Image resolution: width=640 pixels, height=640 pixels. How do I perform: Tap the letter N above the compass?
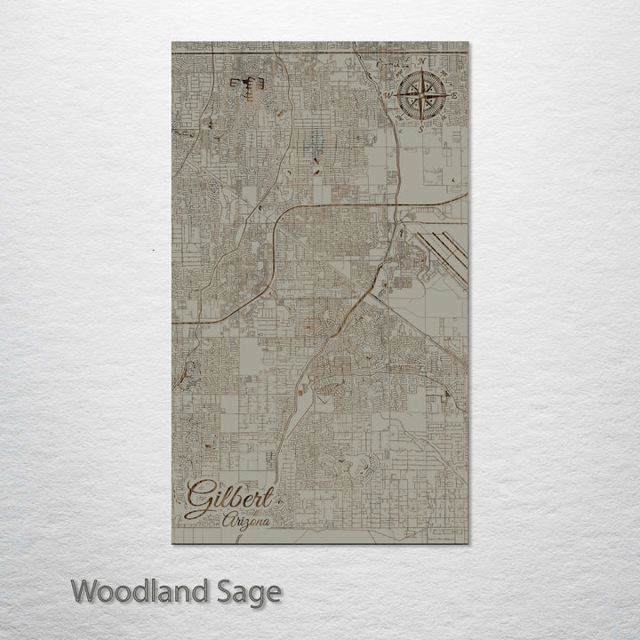click(420, 61)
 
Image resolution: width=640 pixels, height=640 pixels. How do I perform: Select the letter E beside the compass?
click(454, 94)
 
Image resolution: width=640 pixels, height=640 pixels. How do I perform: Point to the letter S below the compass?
click(420, 128)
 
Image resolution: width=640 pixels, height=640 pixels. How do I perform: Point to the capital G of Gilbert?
click(200, 498)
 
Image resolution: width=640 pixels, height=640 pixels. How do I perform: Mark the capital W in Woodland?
click(85, 590)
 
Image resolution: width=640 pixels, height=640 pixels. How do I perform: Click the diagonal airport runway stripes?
click(442, 245)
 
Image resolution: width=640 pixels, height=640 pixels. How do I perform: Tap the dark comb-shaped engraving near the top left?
click(246, 84)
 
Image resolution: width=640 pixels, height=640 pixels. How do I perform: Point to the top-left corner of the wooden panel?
click(171, 42)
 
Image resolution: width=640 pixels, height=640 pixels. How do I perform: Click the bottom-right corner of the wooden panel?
click(468, 543)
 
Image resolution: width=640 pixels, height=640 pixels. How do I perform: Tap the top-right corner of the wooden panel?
click(468, 42)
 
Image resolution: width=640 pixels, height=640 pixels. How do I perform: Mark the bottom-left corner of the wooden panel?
click(171, 543)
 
